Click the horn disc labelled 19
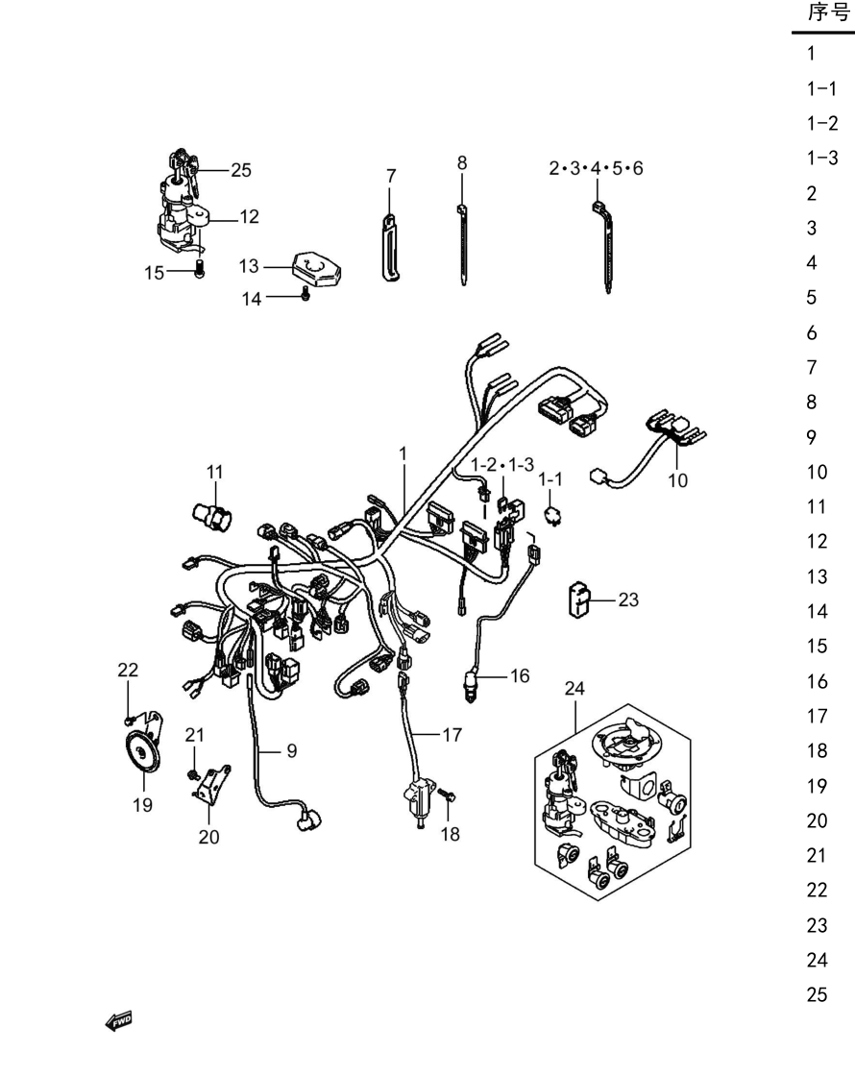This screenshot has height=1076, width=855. [x=143, y=754]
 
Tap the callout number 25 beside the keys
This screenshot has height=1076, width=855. [x=241, y=170]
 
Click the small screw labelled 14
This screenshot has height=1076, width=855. [x=306, y=294]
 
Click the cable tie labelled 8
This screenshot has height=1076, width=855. [x=463, y=244]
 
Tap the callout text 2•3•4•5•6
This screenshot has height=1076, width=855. [x=596, y=168]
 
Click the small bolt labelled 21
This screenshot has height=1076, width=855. [x=193, y=774]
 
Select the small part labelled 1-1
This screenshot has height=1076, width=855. [x=551, y=515]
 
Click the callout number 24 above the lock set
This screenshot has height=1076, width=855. [x=574, y=688]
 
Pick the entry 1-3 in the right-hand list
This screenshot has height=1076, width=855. [x=822, y=158]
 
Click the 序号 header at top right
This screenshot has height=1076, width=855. [x=828, y=12]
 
